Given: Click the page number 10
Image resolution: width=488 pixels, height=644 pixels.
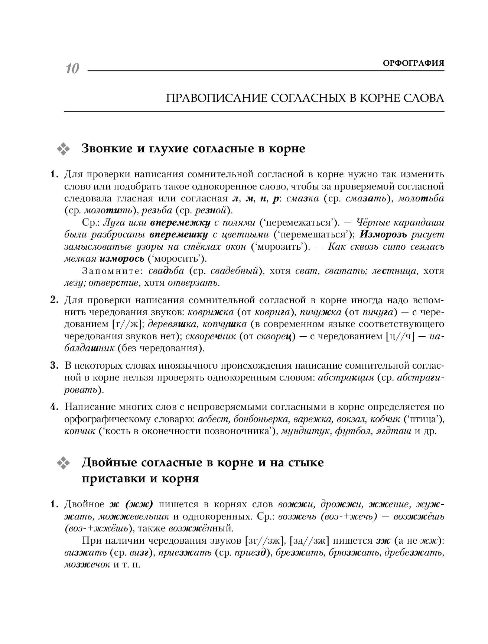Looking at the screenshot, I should pos(72,69).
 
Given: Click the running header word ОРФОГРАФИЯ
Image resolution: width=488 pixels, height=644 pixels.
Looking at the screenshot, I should pos(413,63).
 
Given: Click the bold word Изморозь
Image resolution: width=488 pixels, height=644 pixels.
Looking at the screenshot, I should pos(384,234).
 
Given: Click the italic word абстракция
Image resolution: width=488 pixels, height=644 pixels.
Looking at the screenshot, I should pos(346,378).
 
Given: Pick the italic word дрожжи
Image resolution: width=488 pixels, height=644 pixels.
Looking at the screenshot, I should pos(341,505).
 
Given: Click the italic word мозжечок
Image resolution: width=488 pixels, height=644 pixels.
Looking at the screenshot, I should pos(87,564).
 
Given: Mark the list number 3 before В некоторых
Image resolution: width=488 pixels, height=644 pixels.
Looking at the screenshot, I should pos(53,365).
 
